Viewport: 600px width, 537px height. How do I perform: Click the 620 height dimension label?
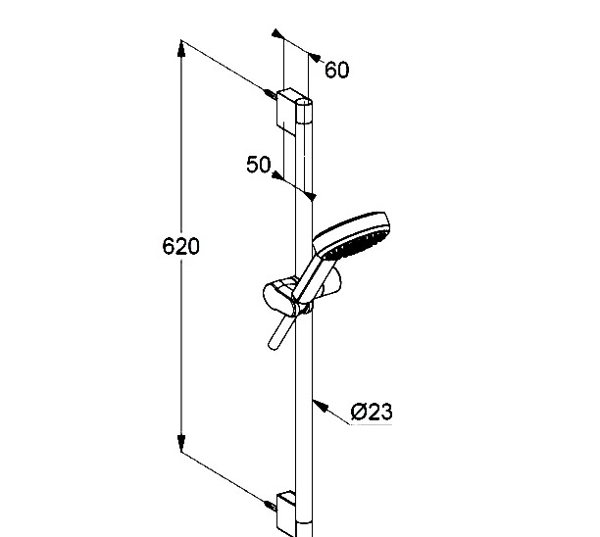pos(181,246)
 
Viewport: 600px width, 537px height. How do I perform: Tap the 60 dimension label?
pos(336,70)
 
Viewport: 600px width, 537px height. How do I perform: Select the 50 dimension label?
pos(258,165)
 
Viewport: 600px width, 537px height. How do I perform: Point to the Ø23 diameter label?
pos(372,412)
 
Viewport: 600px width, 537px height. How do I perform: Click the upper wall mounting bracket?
pos(290,112)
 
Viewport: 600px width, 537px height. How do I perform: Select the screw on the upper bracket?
pos(271,94)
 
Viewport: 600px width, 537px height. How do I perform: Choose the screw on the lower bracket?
pos(271,506)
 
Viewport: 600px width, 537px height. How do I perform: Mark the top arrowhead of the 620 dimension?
pos(181,48)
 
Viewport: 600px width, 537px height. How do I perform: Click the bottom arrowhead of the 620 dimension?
pos(181,443)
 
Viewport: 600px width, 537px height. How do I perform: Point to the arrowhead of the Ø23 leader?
pos(321,406)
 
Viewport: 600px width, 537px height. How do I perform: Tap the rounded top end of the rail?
pos(304,102)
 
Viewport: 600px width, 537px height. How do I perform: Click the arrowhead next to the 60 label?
pos(315,58)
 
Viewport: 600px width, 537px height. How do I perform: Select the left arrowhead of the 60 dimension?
pos(277,33)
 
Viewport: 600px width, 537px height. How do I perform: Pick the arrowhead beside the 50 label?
pos(277,175)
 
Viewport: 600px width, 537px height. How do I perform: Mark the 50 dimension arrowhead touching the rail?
pos(310,196)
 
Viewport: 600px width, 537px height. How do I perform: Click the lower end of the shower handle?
pos(274,345)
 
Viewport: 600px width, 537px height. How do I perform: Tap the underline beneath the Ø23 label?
pos(372,424)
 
